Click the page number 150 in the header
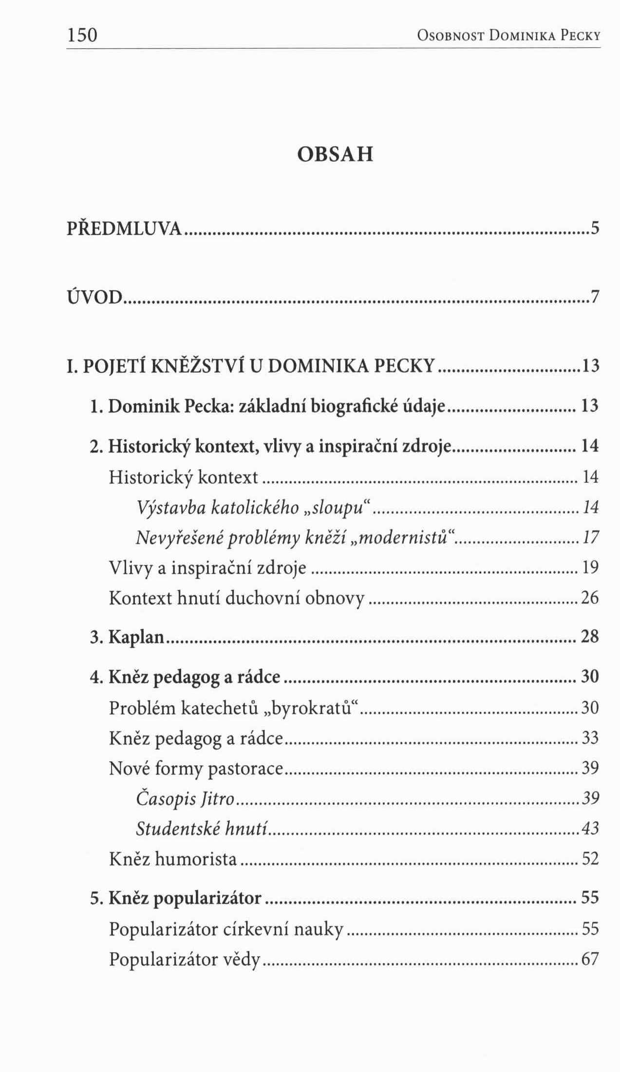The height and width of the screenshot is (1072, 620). click(x=82, y=35)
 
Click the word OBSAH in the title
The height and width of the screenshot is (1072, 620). click(x=335, y=154)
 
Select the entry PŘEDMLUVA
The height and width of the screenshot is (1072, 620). click(x=125, y=228)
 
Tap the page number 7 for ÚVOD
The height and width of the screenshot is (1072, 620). click(x=594, y=296)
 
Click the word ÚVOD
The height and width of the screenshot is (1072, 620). click(x=94, y=296)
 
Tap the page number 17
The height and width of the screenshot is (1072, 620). click(x=590, y=537)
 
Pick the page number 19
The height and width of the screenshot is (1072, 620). click(x=590, y=567)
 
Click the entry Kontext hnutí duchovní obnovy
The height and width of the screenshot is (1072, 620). click(x=237, y=598)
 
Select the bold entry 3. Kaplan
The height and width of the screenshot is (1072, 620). click(x=128, y=637)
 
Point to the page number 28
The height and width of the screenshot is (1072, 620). click(x=590, y=637)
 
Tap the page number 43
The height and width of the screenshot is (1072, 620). click(x=590, y=828)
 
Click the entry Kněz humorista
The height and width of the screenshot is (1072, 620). click(x=173, y=859)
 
